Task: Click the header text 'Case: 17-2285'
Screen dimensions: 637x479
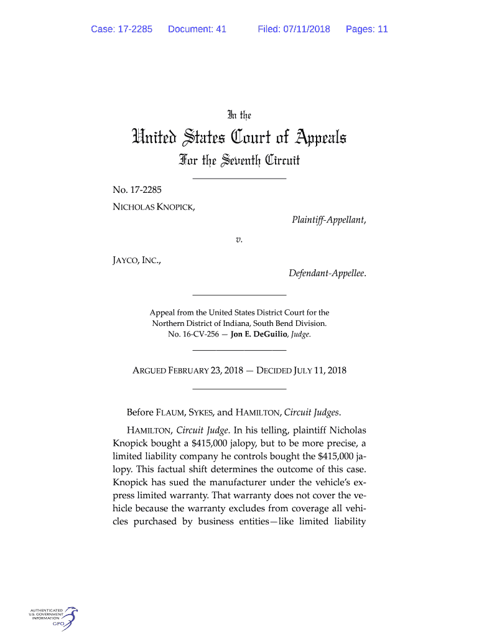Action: tap(121, 29)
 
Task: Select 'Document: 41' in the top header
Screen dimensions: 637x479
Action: tap(197, 29)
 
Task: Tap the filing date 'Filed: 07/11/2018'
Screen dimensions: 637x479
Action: tap(294, 29)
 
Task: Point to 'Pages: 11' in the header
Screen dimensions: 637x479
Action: tap(367, 29)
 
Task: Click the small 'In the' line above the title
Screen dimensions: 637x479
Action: tap(240, 114)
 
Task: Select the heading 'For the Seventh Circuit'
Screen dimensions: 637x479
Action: tap(240, 161)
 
